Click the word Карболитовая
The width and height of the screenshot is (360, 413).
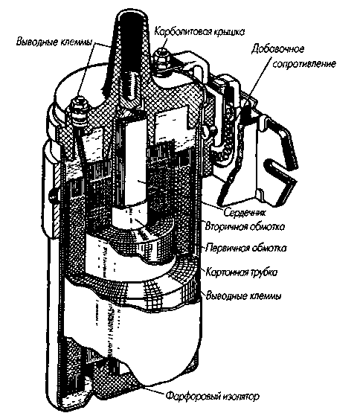tap(183, 31)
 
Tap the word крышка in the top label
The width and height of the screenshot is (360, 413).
tap(229, 32)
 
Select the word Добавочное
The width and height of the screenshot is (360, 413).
tap(277, 49)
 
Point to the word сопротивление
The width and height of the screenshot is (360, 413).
tap(304, 64)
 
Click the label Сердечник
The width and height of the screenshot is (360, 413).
tap(245, 212)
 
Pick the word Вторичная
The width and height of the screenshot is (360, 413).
tap(225, 226)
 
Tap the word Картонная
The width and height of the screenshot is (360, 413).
tap(227, 272)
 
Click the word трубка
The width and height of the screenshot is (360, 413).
tap(263, 272)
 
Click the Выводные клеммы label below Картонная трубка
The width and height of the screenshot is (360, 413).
tap(244, 295)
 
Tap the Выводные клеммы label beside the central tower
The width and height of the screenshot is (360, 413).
tap(54, 42)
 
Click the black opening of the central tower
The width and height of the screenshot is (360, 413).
tap(132, 42)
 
